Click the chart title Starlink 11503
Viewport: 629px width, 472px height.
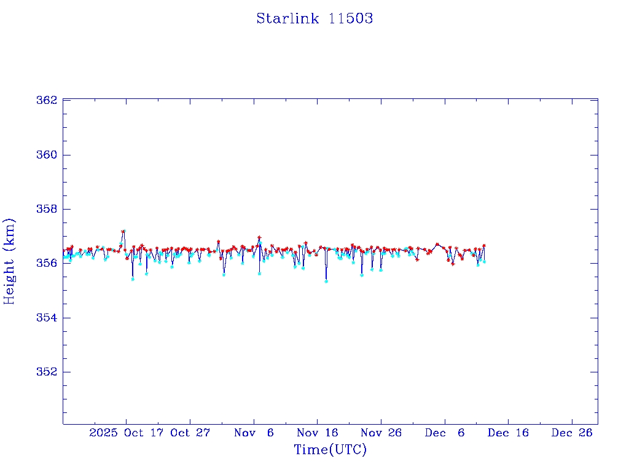point(314,18)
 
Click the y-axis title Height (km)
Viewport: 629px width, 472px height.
point(9,261)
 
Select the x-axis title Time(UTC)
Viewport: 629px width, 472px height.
point(330,450)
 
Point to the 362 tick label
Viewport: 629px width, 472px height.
point(48,100)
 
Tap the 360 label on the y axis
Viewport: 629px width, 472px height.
point(48,154)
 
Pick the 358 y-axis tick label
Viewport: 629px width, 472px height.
point(48,209)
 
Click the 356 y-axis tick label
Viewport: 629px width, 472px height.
point(48,263)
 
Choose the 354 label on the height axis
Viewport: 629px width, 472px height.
point(48,318)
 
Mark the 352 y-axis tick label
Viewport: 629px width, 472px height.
point(48,372)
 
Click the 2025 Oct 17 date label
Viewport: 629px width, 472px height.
point(126,433)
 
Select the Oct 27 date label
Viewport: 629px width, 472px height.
point(190,433)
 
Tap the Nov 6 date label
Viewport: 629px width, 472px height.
point(254,433)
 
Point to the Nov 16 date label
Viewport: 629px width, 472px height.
point(318,433)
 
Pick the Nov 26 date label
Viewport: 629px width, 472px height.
point(381,433)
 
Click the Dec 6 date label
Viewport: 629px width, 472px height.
point(445,433)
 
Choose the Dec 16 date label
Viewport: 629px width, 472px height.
point(508,433)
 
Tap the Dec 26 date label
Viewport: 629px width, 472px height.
point(572,433)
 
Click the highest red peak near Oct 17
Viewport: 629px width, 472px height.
point(123,231)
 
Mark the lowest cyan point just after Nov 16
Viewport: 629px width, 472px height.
point(326,281)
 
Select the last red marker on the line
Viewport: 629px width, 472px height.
point(484,245)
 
